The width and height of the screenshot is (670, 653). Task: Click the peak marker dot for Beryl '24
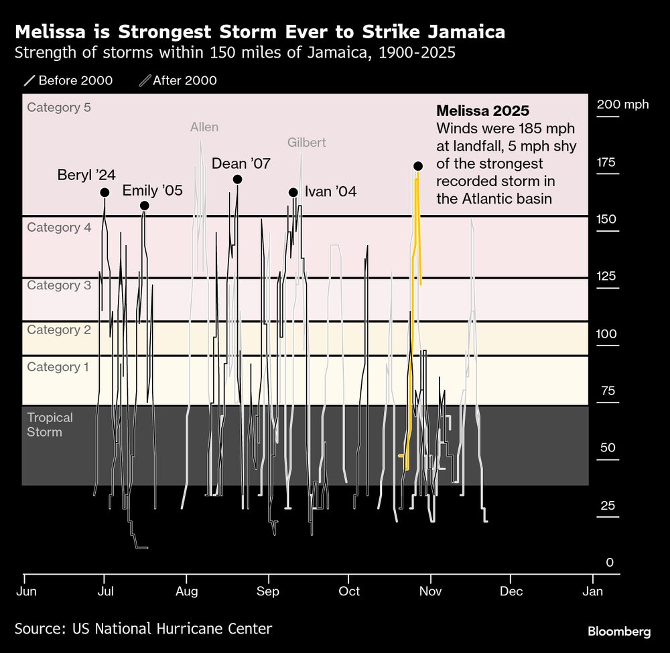[105, 192]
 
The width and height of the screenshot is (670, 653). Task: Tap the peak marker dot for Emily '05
[144, 206]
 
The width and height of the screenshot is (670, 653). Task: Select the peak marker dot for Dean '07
[237, 179]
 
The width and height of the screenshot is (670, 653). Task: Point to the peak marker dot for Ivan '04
[293, 192]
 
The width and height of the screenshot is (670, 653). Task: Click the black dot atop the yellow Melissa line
[418, 166]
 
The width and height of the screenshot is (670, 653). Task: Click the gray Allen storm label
[204, 127]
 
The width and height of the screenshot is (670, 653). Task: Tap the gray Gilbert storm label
[306, 143]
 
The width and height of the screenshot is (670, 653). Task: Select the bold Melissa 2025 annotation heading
[482, 111]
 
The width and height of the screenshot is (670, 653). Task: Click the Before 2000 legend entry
[68, 81]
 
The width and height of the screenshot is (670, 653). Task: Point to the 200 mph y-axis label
[622, 104]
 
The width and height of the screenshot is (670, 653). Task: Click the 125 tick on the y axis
[608, 277]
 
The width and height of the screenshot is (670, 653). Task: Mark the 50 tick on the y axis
[608, 448]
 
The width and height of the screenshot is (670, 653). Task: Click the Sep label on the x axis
[268, 591]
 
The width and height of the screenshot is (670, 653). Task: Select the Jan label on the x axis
[592, 591]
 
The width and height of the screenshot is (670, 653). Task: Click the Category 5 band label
[59, 108]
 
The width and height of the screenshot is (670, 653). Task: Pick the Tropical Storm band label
[50, 425]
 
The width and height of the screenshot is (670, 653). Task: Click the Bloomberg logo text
[619, 631]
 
